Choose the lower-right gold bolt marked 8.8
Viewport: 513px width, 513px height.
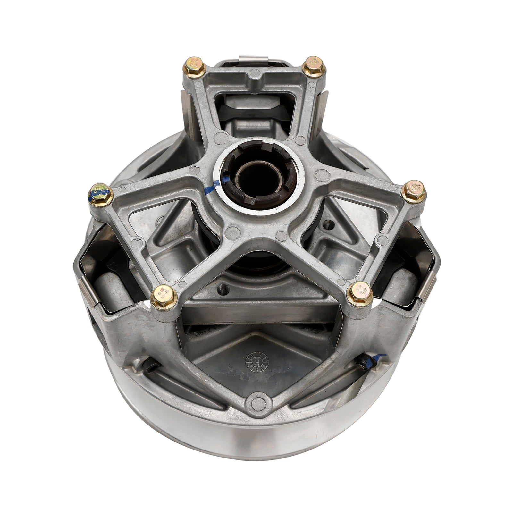(358, 291)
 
